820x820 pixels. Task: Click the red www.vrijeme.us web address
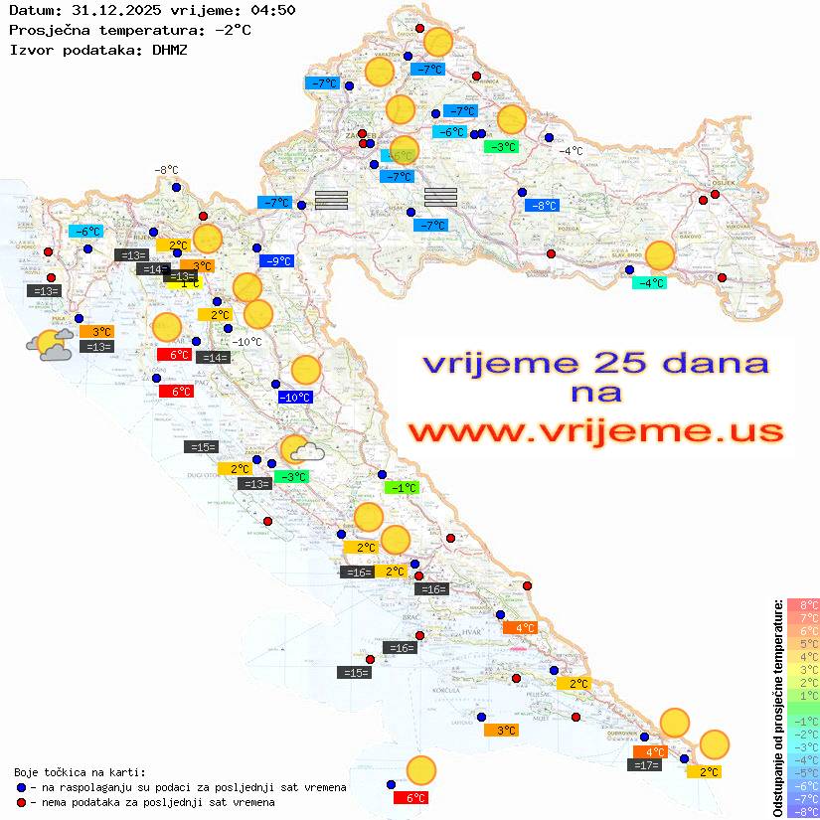(x=595, y=431)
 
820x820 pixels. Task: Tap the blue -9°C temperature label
(x=276, y=261)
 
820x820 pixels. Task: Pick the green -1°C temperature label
(x=402, y=488)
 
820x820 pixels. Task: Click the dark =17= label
(x=646, y=764)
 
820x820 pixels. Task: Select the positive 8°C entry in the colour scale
(x=803, y=604)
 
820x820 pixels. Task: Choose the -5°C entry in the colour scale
(x=803, y=772)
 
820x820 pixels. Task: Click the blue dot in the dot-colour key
(x=22, y=787)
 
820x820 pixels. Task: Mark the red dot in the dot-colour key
(x=22, y=802)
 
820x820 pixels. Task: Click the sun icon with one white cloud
(x=301, y=451)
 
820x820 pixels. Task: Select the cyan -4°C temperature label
(x=650, y=283)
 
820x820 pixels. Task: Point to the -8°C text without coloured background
(x=166, y=170)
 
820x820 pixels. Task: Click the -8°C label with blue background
(x=542, y=206)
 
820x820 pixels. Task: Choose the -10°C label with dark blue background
(x=295, y=398)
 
